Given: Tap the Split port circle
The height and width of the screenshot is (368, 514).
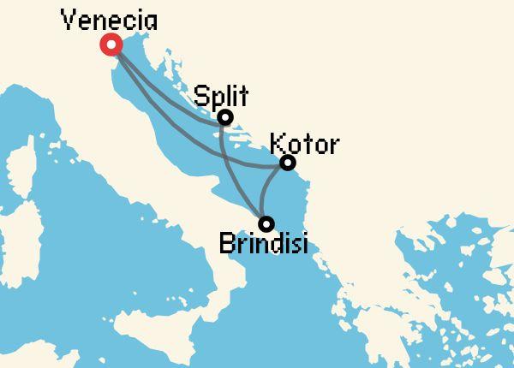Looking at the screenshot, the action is coord(224,117).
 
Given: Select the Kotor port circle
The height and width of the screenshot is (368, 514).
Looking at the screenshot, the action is coord(288,163).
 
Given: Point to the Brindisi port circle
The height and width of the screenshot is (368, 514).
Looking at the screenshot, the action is coord(266,223).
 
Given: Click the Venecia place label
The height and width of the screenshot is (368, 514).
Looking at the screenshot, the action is coord(109,19).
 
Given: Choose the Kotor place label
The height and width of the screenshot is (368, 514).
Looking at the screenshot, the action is coord(303,142).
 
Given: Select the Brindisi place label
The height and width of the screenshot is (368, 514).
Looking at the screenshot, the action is coord(263,244).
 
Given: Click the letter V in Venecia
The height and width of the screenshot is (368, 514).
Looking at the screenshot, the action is coord(69,19).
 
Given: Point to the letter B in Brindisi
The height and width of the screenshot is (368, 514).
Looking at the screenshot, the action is coord(227,244).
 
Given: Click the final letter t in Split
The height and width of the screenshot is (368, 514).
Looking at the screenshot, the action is coord(243,94).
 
